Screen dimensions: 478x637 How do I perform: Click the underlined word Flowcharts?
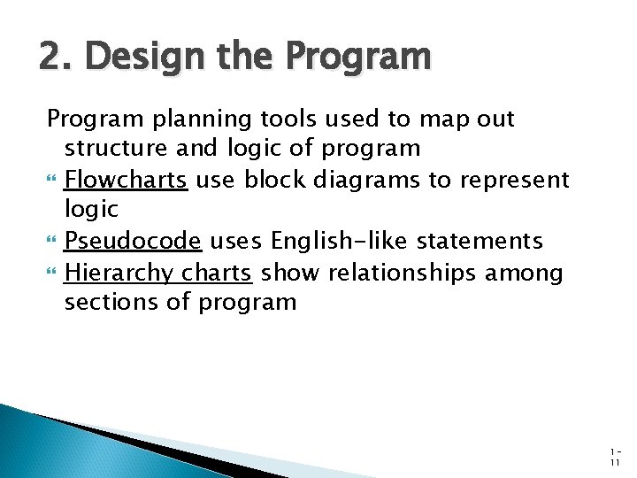tap(126, 180)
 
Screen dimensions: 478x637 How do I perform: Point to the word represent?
tap(515, 180)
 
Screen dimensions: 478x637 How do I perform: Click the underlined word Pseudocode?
tap(133, 241)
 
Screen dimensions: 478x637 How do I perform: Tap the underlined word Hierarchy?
tap(119, 273)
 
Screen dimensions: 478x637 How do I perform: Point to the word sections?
tap(108, 302)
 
